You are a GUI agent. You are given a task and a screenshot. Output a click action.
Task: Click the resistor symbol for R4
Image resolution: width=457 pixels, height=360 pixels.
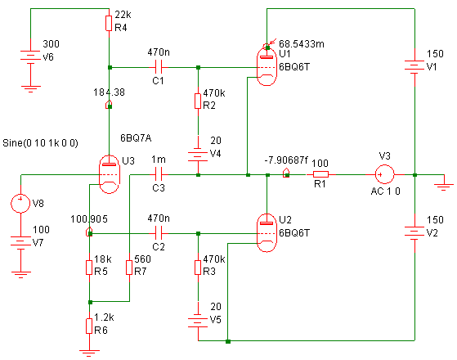click(109, 24)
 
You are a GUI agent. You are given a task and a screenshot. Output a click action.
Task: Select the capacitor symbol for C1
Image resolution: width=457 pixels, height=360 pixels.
click(159, 67)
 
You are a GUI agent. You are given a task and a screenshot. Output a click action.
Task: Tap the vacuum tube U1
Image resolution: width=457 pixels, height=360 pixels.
click(267, 66)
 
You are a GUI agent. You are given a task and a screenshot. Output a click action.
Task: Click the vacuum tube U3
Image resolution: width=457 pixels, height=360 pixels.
click(110, 174)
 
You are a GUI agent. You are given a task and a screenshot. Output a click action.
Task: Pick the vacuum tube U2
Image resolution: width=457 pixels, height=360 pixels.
click(267, 232)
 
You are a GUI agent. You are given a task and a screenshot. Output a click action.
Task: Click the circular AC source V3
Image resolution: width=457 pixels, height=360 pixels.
click(384, 174)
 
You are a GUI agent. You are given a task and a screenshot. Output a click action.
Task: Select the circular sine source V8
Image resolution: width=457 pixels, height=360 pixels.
click(20, 203)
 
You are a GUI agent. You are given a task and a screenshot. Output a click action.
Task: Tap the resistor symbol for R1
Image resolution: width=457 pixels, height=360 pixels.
click(320, 174)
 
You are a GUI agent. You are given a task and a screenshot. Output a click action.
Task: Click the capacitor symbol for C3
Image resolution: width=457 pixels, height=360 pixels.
click(159, 175)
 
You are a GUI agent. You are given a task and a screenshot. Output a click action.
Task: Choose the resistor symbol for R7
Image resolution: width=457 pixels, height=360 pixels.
click(129, 268)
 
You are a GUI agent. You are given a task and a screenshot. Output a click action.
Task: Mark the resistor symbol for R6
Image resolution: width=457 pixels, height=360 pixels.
click(89, 326)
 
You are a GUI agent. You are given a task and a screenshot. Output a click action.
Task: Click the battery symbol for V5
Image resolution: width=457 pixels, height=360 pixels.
click(198, 321)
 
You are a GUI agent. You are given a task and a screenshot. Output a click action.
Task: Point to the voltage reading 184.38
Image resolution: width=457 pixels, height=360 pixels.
click(109, 92)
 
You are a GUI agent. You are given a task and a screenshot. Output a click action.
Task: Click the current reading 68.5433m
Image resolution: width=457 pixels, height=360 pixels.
click(302, 43)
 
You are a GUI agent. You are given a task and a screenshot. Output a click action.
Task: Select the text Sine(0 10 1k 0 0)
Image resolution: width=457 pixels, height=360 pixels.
click(40, 143)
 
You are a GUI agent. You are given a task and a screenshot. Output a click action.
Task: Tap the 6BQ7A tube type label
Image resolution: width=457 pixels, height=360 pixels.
click(136, 138)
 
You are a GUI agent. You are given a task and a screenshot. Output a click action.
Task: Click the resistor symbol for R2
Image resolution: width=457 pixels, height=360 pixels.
click(198, 101)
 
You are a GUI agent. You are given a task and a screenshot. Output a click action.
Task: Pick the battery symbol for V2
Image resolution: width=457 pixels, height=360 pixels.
click(414, 232)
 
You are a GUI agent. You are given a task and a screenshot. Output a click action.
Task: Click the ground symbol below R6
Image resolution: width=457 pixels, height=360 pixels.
click(89, 353)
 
